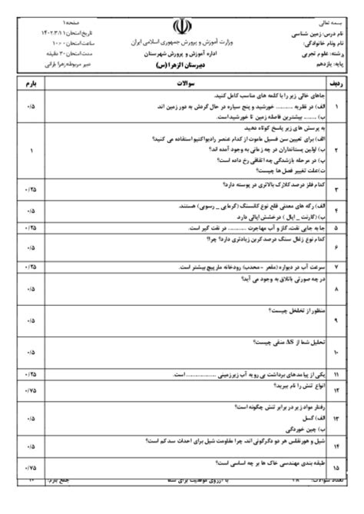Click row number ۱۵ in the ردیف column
tap(340, 466)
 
